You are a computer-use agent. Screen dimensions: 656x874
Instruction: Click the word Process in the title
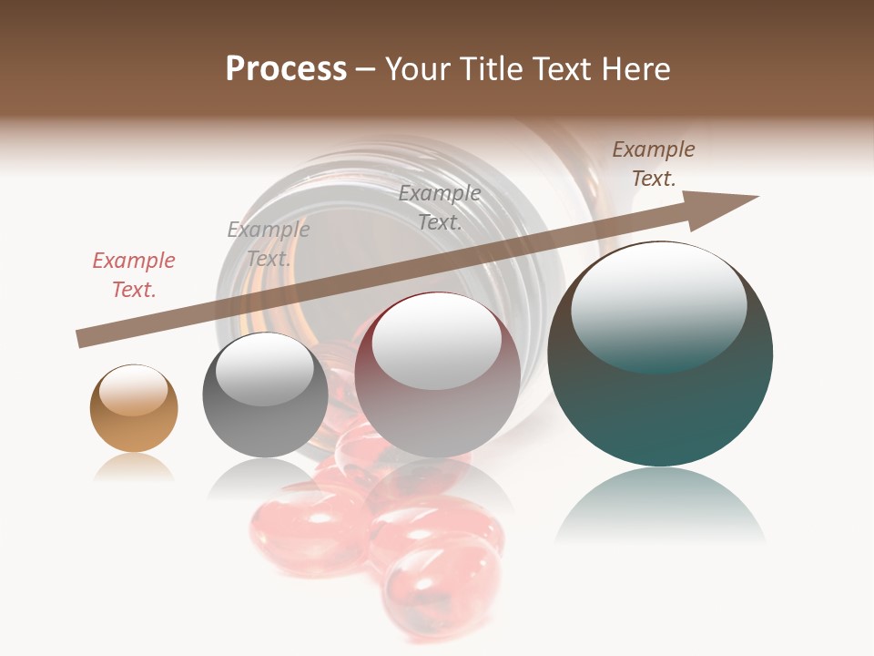[286, 69]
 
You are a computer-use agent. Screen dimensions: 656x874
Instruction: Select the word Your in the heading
[418, 69]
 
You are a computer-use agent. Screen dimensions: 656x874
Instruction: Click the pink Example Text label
[134, 274]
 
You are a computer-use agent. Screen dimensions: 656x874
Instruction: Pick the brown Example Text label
[654, 164]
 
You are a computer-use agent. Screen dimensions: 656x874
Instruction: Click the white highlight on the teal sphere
[658, 305]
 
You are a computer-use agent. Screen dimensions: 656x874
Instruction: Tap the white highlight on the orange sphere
[133, 390]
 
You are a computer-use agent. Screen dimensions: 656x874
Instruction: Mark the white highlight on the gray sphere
[265, 369]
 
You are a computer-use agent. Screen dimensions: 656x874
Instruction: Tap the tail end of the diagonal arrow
[85, 339]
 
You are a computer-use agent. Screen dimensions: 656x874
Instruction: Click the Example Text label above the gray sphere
[269, 243]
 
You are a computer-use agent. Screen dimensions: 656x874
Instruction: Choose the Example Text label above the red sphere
[440, 207]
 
